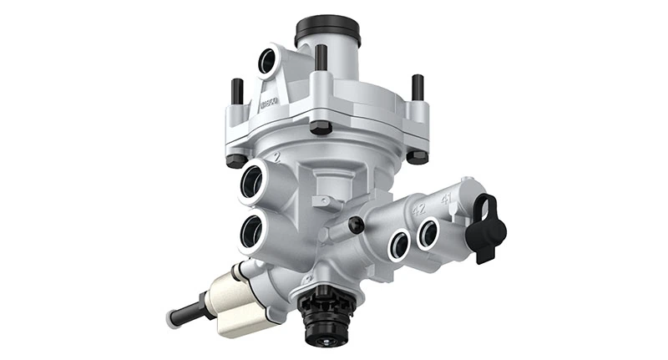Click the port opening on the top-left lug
pyautogui.click(x=268, y=61)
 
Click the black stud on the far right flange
pyautogui.click(x=417, y=87)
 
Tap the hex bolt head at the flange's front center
pyautogui.click(x=321, y=127)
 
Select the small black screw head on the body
pyautogui.click(x=357, y=224)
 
